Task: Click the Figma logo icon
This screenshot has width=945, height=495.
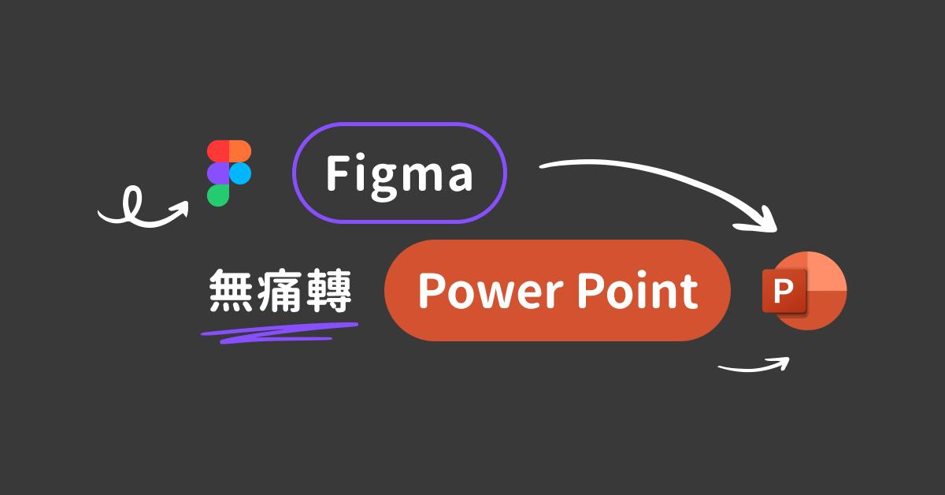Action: pos(229,173)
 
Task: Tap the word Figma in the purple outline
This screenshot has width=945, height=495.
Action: pos(399,173)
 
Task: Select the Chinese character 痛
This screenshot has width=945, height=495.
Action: pos(280,292)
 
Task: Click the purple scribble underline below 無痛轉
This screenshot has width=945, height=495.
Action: pos(276,331)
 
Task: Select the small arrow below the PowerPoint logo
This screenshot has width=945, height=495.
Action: pos(754,365)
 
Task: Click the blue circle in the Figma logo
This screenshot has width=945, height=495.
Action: pos(240,173)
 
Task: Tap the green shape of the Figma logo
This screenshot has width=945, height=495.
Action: pos(218,194)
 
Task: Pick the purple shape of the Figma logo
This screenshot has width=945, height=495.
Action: pos(218,173)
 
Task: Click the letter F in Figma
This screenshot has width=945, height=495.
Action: pos(338,173)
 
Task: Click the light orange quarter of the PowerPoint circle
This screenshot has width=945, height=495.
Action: pos(826,273)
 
